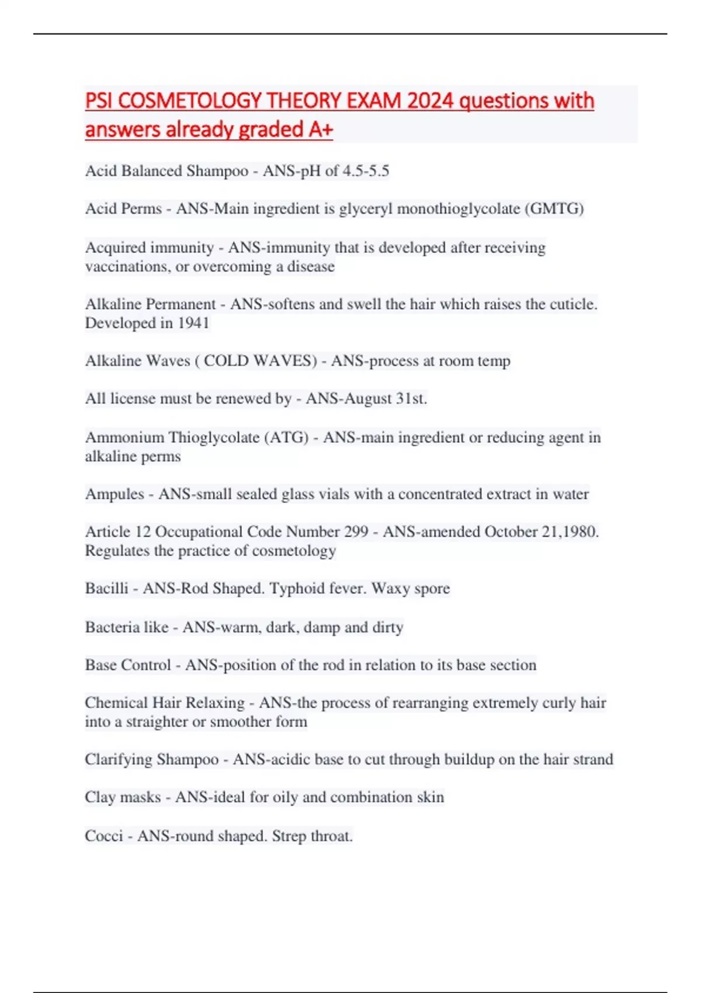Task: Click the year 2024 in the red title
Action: coord(430,100)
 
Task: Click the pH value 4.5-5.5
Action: coord(366,171)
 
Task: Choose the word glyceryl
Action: coord(365,209)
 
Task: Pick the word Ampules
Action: coord(114,494)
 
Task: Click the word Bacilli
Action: coord(106,588)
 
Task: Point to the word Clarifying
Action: coord(119,759)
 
